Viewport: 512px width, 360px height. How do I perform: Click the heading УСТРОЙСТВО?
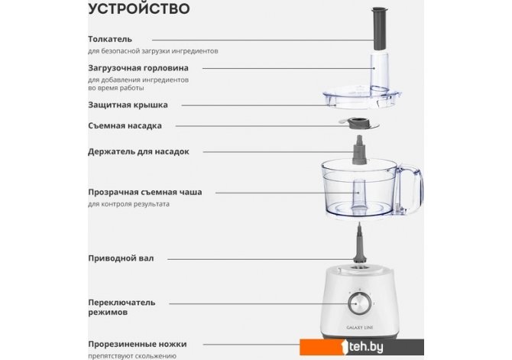[x=139, y=8]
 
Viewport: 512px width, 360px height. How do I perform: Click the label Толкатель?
[x=110, y=39]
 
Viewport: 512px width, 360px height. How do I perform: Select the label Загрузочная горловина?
[x=138, y=68]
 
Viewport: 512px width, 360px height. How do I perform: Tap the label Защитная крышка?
[x=128, y=105]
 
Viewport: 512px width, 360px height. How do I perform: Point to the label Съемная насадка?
[x=125, y=126]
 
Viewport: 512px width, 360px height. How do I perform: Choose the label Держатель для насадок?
[x=138, y=151]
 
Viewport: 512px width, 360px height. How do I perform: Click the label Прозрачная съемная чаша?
[x=145, y=192]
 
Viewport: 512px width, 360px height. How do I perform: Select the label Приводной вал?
[x=121, y=258]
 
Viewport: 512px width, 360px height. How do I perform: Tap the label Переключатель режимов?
[x=122, y=307]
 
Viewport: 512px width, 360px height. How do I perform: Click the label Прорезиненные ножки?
[x=138, y=344]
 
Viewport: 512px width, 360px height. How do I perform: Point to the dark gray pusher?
[x=381, y=29]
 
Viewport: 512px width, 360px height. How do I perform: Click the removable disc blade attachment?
[x=359, y=124]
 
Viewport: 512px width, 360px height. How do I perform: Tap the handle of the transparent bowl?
[x=410, y=190]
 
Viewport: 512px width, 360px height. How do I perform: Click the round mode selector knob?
[x=360, y=303]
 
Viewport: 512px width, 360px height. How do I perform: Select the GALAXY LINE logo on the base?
[x=359, y=327]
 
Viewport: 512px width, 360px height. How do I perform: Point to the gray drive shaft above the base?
[x=360, y=243]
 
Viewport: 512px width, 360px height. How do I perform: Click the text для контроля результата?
[x=128, y=204]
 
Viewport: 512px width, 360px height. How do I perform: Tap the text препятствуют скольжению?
[x=132, y=355]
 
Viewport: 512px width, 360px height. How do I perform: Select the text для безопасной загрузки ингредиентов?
[x=153, y=51]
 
